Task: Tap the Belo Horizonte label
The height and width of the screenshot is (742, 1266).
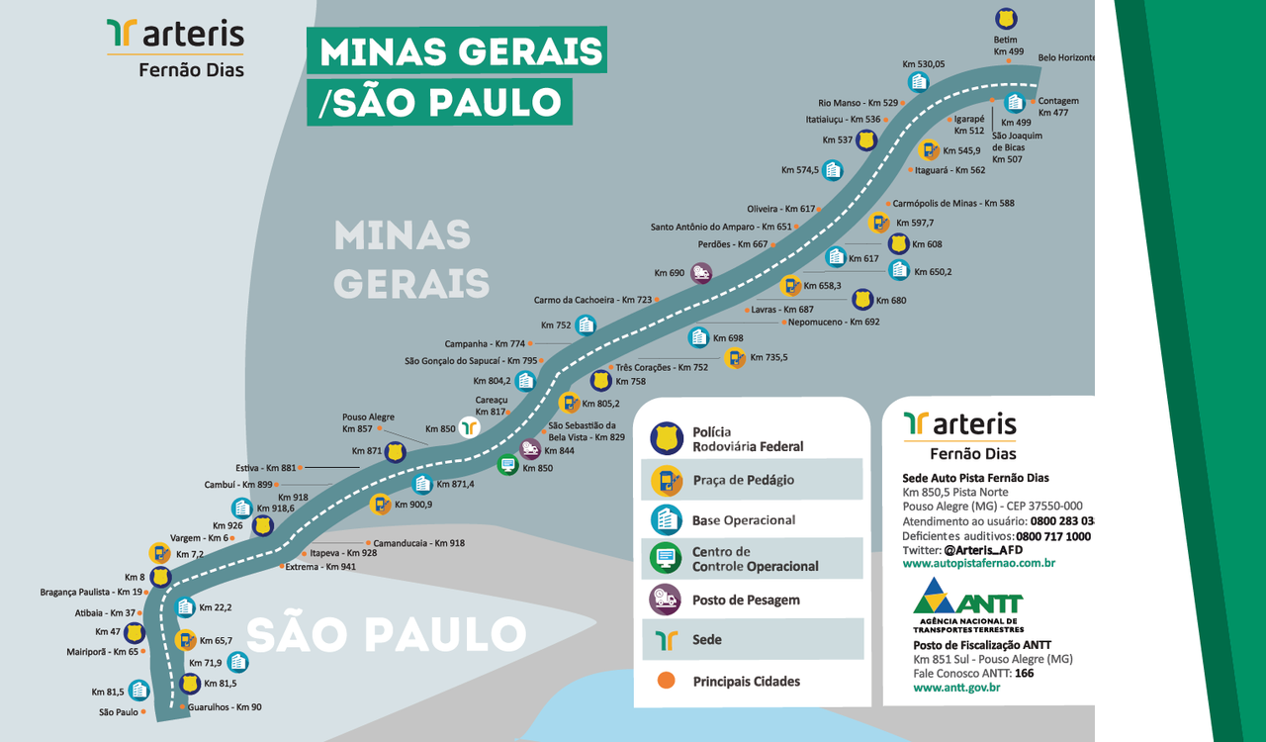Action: pyautogui.click(x=1066, y=58)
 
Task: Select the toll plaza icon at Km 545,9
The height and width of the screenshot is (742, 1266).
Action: pyautogui.click(x=928, y=150)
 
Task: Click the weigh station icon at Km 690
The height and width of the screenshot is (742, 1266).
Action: pyautogui.click(x=701, y=273)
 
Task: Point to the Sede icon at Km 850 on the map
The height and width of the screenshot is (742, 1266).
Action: pyautogui.click(x=469, y=427)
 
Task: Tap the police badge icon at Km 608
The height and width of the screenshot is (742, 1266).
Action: pyautogui.click(x=898, y=243)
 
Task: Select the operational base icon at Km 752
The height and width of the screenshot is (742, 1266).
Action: pyautogui.click(x=586, y=325)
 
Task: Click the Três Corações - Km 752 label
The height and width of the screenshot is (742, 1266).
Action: pyautogui.click(x=662, y=367)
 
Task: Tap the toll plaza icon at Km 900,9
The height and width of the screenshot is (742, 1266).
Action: pyautogui.click(x=380, y=505)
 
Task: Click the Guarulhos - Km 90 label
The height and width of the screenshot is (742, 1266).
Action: pyautogui.click(x=225, y=707)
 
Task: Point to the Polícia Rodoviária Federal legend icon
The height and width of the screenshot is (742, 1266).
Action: pyautogui.click(x=666, y=438)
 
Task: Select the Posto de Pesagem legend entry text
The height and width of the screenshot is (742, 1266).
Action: pyautogui.click(x=746, y=600)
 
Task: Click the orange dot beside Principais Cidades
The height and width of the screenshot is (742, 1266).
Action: pyautogui.click(x=666, y=681)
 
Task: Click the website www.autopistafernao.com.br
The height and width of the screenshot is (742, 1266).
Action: pyautogui.click(x=978, y=563)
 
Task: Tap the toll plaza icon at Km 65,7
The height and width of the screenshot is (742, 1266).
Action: pyautogui.click(x=185, y=640)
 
